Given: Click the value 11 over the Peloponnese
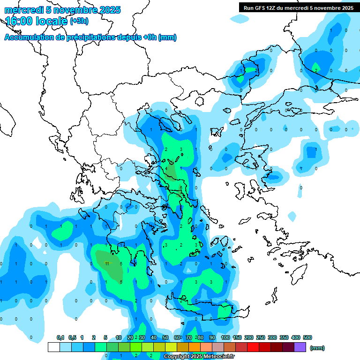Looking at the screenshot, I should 107,263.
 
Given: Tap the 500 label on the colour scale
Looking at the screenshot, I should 307,337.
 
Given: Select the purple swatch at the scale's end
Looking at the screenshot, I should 301,347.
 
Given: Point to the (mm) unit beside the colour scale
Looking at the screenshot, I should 317,348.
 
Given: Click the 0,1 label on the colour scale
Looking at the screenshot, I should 60,337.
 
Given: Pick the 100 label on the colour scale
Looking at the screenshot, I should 225,337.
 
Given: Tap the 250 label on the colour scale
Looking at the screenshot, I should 260,337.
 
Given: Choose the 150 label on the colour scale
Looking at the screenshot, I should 237,337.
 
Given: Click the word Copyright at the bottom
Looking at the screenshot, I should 177,357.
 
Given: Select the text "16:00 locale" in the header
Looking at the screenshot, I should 37,21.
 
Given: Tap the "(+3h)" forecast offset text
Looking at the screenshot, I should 79,21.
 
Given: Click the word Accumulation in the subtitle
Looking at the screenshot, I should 29,37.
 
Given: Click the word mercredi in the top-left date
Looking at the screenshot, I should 22,9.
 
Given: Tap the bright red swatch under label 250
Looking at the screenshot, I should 254,347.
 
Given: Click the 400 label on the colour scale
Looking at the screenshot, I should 295,337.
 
